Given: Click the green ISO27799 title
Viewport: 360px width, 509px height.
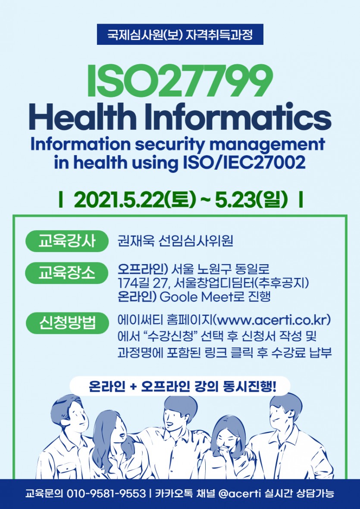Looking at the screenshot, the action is tap(180, 81).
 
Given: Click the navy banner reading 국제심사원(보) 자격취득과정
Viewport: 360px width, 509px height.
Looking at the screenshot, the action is tap(180, 34).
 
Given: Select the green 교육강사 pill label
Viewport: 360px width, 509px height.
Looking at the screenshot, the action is tap(67, 241).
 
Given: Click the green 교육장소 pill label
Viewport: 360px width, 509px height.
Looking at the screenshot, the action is tap(67, 273).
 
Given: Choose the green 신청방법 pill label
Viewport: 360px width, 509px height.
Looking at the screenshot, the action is tap(67, 323).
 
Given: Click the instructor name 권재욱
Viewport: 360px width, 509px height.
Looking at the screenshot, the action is tap(136, 241).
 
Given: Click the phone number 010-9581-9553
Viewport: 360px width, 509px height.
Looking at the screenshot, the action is tap(106, 494).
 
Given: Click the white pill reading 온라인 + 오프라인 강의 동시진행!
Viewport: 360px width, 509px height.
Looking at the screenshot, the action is tap(180, 386).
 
